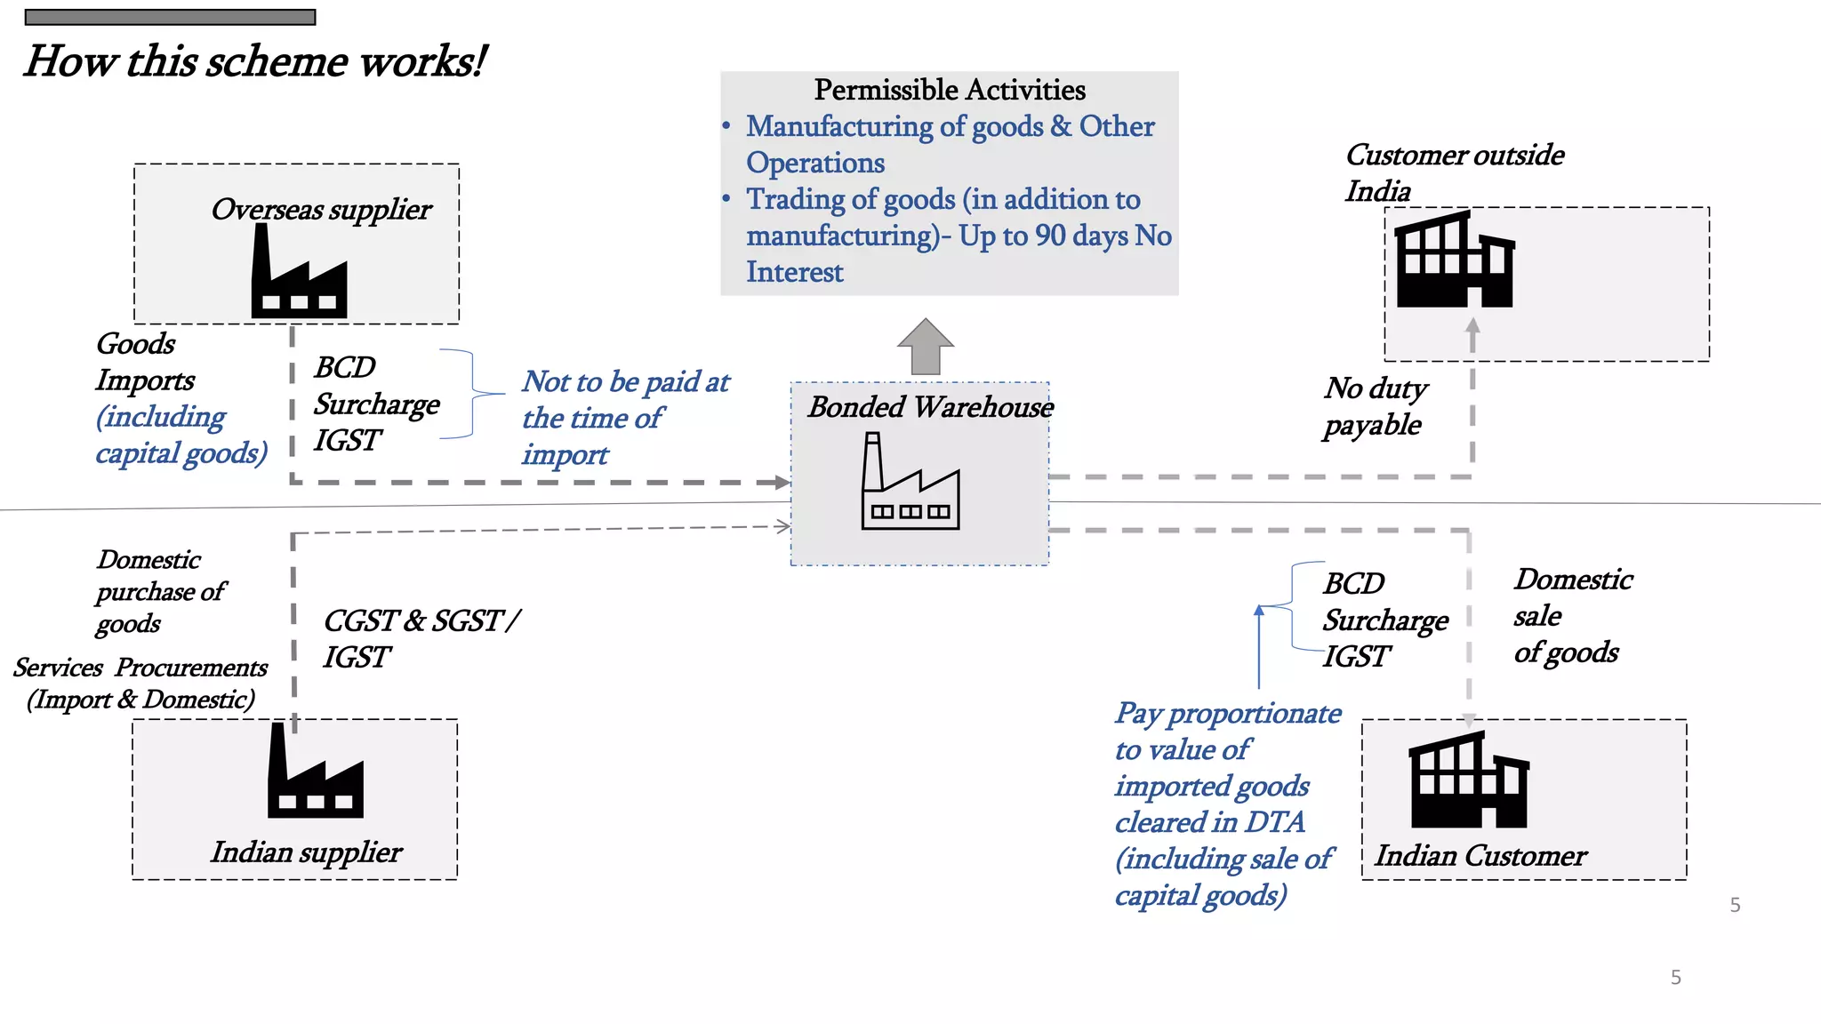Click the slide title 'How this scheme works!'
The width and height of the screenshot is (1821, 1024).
(255, 61)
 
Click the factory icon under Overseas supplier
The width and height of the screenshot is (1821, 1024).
(299, 272)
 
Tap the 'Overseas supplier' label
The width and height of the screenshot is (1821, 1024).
(321, 210)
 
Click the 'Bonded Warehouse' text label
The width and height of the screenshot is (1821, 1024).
(930, 407)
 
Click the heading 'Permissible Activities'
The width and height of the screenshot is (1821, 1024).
(950, 90)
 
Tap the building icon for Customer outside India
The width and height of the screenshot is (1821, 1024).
(1455, 260)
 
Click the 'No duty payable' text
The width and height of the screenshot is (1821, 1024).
(1375, 406)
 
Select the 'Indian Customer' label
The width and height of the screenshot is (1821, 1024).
(1480, 855)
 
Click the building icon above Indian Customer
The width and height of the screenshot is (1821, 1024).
(1468, 781)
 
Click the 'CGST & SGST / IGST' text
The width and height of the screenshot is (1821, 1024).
(421, 638)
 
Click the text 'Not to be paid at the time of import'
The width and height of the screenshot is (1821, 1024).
(624, 418)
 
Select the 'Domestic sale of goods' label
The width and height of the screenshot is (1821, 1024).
(1572, 616)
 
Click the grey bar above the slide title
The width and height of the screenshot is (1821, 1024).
(170, 17)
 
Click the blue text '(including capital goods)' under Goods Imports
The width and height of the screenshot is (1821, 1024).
(180, 436)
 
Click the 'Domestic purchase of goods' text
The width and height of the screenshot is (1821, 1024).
(160, 591)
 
